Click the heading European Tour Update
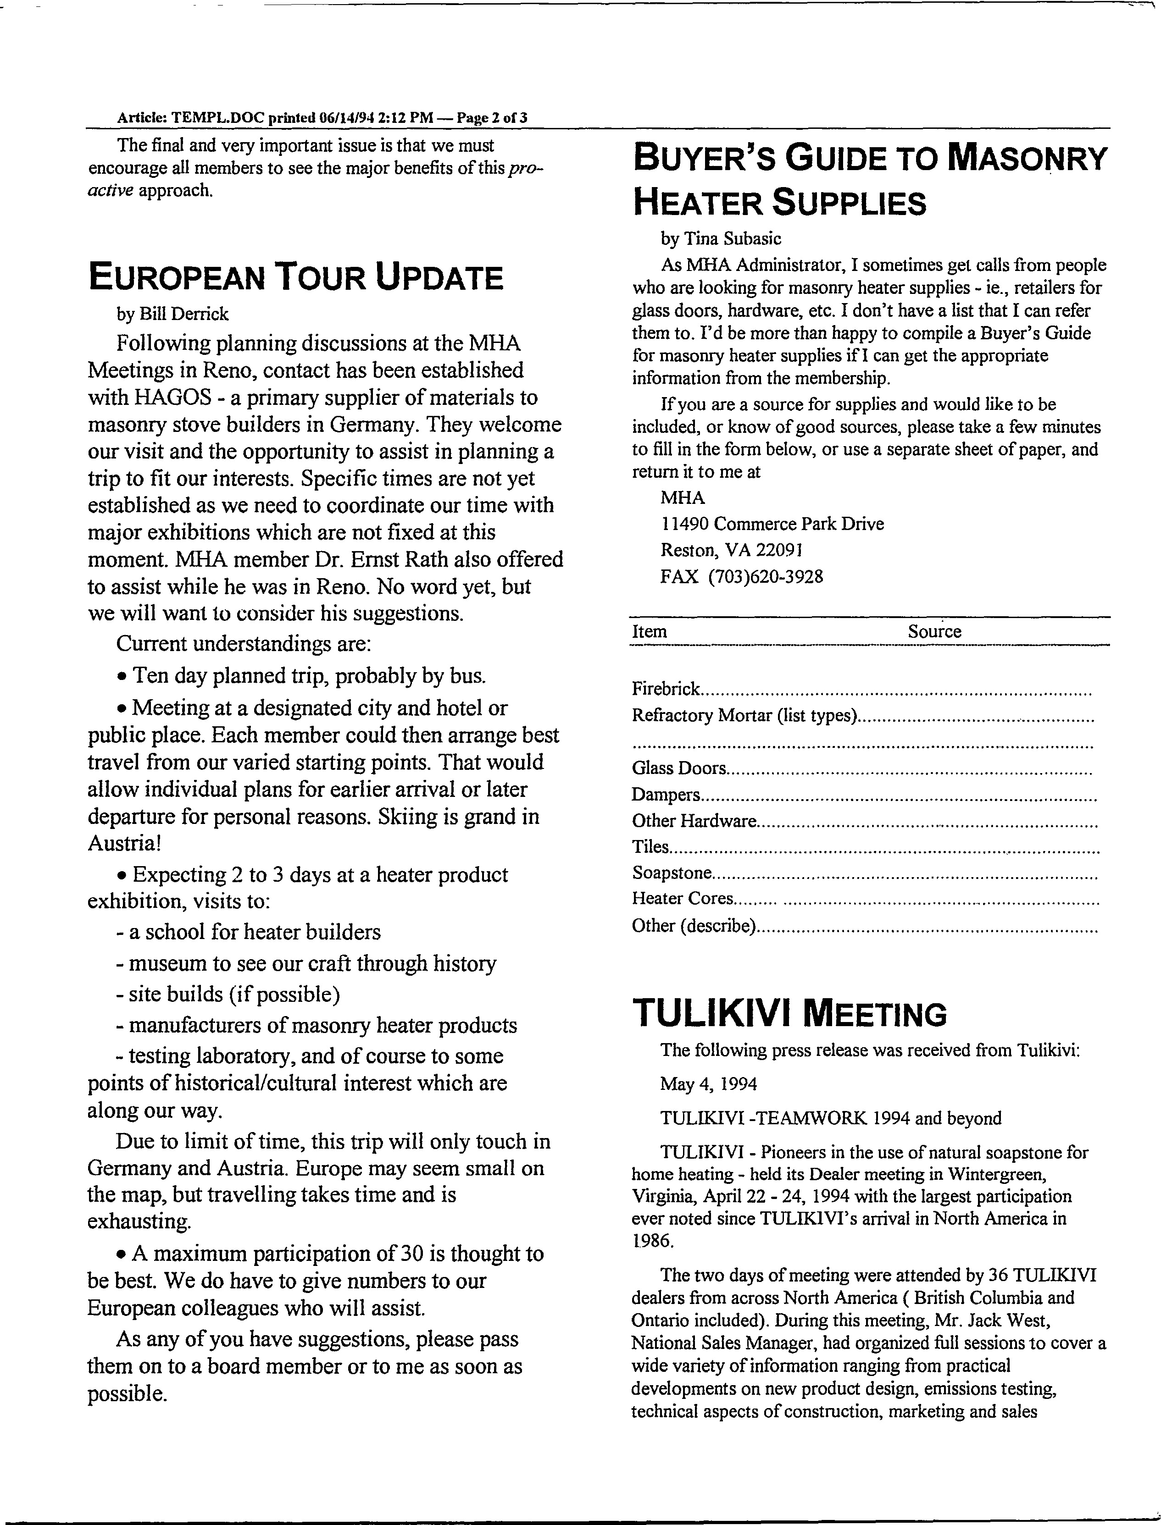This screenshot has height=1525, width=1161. point(296,278)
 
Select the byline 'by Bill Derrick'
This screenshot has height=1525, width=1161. point(172,314)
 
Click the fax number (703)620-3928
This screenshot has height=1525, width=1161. point(765,577)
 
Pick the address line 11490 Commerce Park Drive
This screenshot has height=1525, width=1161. point(772,524)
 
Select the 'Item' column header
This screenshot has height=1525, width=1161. point(650,632)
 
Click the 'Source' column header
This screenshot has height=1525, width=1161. point(934,632)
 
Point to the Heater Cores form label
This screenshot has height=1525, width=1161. point(681,899)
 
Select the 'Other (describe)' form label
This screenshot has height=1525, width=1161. point(693,925)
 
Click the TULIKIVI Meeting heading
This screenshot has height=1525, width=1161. point(789,1014)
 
